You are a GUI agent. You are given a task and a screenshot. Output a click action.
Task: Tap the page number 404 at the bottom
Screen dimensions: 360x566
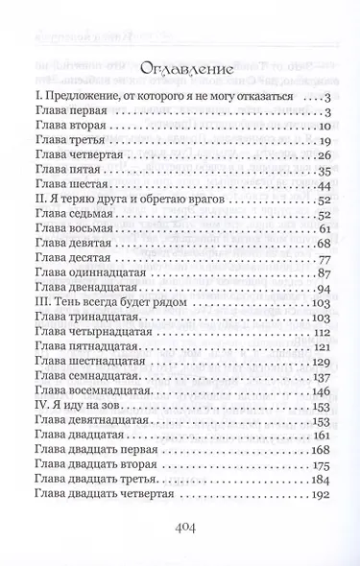point(180,527)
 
